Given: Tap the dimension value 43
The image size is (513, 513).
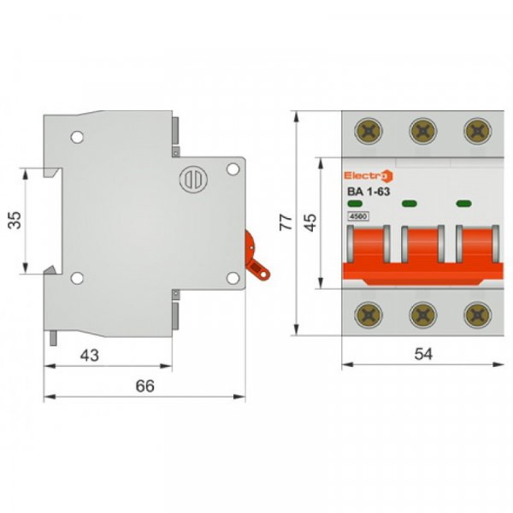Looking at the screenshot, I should pyautogui.click(x=89, y=353).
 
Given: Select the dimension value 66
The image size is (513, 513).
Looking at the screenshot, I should pyautogui.click(x=144, y=386).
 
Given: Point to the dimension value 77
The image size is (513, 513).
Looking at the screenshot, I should pyautogui.click(x=288, y=222).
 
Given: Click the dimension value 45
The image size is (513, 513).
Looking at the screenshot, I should pyautogui.click(x=311, y=222).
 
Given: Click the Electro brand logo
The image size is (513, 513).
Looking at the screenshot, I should pyautogui.click(x=369, y=175).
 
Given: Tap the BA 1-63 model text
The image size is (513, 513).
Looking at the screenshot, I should pyautogui.click(x=368, y=192).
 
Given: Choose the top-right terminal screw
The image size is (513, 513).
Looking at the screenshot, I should pyautogui.click(x=475, y=130).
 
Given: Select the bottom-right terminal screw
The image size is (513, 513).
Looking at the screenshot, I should pyautogui.click(x=475, y=315).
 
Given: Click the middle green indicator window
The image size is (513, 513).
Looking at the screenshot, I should pyautogui.click(x=410, y=203).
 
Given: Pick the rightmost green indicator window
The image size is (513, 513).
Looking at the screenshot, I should pyautogui.click(x=464, y=203).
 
